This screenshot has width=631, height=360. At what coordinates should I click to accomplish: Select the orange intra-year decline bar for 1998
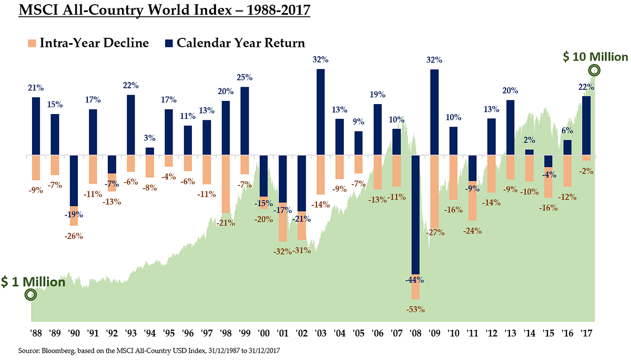(x=226, y=184)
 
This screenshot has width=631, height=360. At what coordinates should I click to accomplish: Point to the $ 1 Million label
(x=33, y=282)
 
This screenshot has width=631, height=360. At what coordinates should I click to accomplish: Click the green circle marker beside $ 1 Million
(x=30, y=295)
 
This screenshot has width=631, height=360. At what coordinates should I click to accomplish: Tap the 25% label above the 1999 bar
(x=245, y=77)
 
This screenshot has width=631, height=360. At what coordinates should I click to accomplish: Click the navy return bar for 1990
(x=74, y=181)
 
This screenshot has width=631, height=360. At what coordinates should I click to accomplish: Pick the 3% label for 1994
(x=150, y=138)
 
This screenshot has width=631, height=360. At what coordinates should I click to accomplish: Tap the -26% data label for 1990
(x=74, y=236)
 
